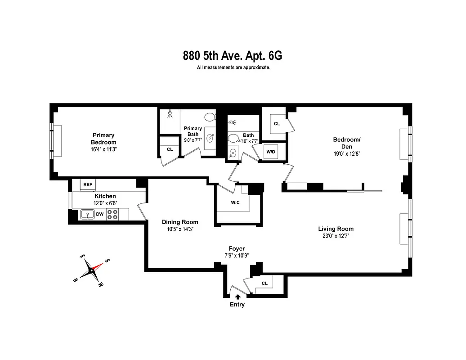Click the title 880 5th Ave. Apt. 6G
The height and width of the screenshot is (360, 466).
click(x=233, y=56)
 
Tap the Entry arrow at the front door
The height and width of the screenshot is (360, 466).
click(x=237, y=297)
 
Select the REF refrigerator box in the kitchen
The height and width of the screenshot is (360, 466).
click(x=88, y=184)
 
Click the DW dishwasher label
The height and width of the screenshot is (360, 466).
click(x=100, y=214)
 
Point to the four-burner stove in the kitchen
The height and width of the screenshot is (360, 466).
click(x=112, y=214)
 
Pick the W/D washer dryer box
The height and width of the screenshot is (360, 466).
click(x=271, y=152)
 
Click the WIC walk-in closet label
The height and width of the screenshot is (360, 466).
click(x=235, y=202)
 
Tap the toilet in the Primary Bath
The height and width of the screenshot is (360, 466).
click(x=210, y=117)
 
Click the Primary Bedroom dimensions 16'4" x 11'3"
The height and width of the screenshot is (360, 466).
click(x=103, y=149)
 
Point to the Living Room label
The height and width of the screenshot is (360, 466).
click(x=336, y=229)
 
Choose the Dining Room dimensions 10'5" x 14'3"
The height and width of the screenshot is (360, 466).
click(x=180, y=229)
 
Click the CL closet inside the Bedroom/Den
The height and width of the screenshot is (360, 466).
click(x=277, y=123)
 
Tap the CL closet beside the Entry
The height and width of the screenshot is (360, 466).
click(x=264, y=283)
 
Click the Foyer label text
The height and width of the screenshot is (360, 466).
click(x=237, y=248)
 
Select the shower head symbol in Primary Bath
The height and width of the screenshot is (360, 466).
click(x=170, y=114)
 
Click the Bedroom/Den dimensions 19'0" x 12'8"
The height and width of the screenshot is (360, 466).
click(x=346, y=153)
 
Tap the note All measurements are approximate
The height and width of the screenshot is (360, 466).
click(x=233, y=68)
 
